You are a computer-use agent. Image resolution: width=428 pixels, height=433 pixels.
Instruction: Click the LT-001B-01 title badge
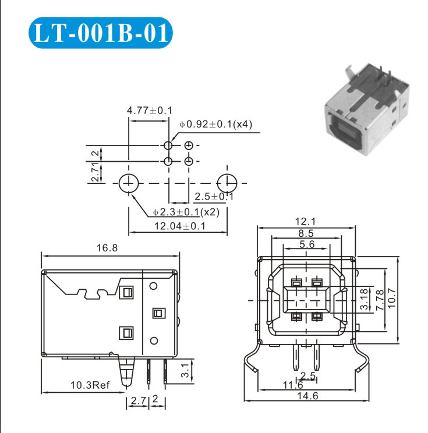click(101, 33)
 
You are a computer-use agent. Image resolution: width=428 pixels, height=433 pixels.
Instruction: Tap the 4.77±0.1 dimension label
click(149, 111)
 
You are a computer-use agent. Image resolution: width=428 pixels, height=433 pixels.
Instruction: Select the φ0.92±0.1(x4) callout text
click(216, 125)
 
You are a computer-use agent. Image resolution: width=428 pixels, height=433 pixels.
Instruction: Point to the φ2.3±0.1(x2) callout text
click(186, 212)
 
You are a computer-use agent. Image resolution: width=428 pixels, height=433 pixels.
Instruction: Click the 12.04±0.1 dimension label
click(180, 226)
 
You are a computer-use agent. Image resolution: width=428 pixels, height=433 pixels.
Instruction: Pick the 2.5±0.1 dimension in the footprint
click(214, 197)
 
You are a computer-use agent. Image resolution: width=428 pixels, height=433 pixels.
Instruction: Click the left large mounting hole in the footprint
click(129, 183)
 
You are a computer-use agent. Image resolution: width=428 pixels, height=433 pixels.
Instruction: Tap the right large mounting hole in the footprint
click(227, 183)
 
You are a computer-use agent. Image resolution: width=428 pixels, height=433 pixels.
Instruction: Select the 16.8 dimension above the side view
click(107, 248)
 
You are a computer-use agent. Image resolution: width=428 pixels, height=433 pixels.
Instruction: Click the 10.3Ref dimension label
click(90, 385)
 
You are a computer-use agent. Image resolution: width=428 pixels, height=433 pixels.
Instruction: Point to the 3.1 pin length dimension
click(185, 370)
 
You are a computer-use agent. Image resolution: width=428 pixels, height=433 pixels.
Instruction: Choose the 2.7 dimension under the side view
click(138, 400)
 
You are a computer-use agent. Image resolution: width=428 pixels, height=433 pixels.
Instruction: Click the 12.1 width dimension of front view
click(305, 222)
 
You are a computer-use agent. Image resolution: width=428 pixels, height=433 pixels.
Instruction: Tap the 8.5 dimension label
click(306, 233)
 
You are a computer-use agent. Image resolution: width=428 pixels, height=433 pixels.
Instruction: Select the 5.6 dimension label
click(307, 244)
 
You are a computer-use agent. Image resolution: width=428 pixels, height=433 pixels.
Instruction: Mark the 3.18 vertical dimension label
click(365, 299)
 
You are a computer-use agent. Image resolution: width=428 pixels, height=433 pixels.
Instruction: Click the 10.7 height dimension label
click(392, 299)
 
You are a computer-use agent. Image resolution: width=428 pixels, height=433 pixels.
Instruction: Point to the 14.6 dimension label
click(307, 396)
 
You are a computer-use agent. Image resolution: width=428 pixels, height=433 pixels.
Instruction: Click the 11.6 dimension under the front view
click(293, 385)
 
